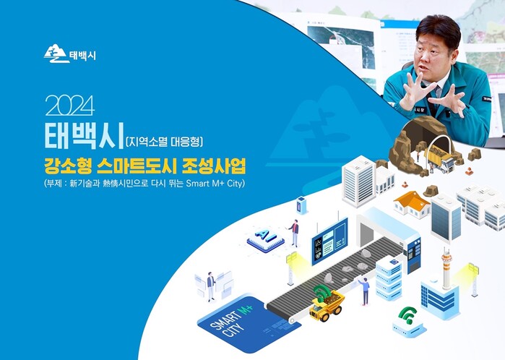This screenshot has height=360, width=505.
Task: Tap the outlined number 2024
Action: click(70, 106)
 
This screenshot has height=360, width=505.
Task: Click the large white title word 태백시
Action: click(84, 136)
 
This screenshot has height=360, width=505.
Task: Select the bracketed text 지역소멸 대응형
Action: click(164, 142)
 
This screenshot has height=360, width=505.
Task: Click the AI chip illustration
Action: click(265, 239)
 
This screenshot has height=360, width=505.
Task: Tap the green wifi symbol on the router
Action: click(408, 314)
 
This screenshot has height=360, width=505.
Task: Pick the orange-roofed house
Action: click(412, 204)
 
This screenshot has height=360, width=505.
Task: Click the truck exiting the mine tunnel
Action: click(439, 157)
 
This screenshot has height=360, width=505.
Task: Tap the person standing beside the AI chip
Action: click(294, 233)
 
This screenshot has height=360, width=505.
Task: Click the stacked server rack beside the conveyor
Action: click(389, 278)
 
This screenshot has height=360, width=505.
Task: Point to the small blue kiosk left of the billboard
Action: click(301, 205)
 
